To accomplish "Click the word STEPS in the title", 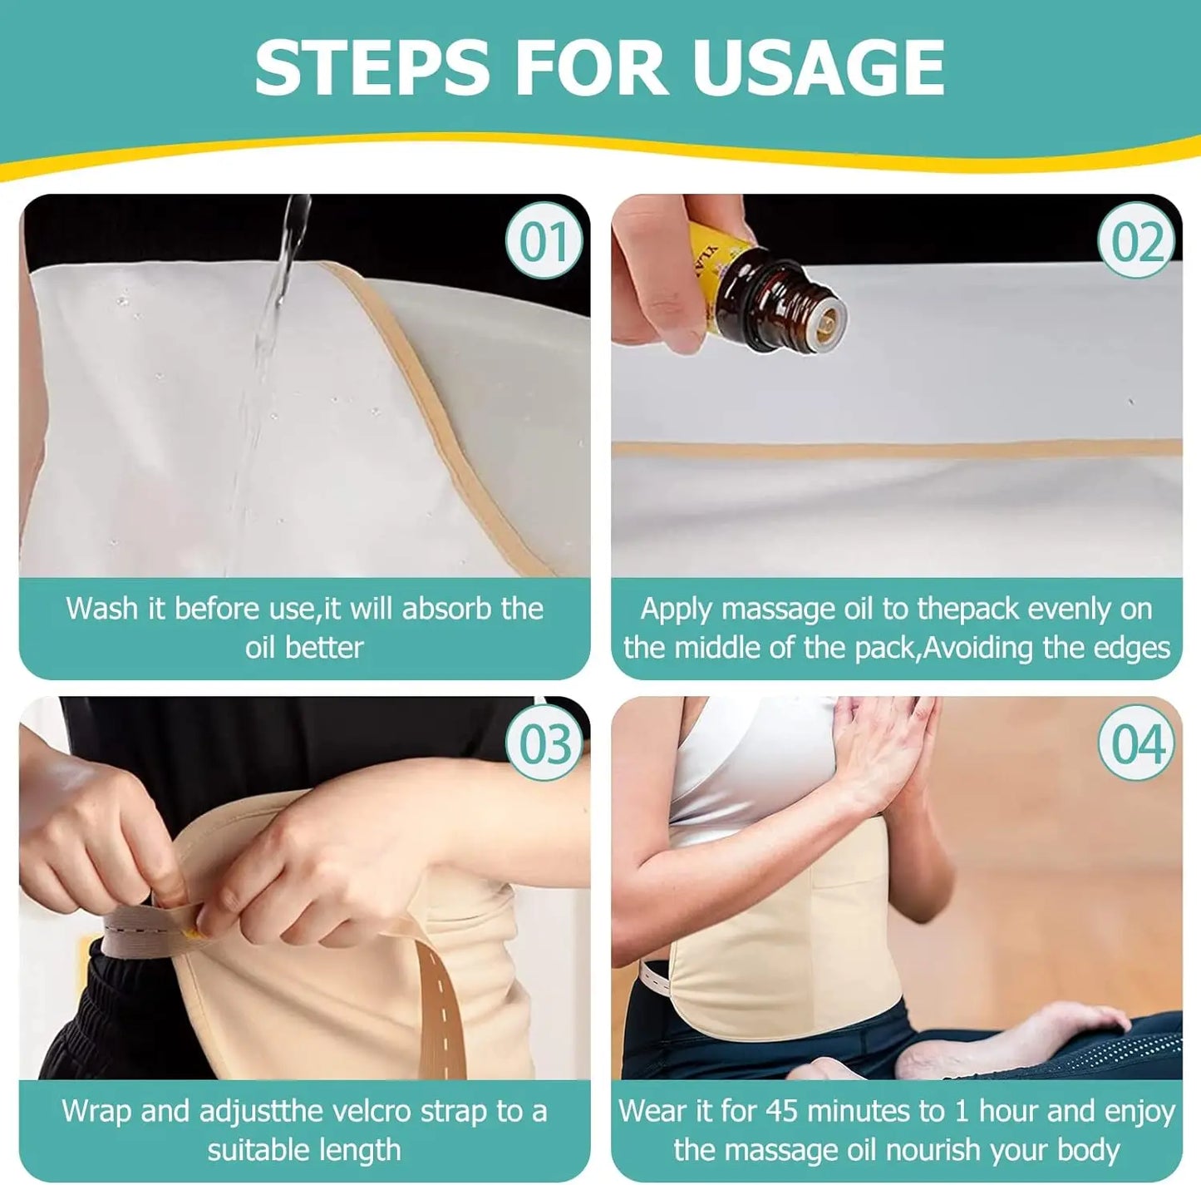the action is click(x=372, y=67).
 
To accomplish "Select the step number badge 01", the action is click(x=544, y=241).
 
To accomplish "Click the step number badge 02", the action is click(x=1137, y=241).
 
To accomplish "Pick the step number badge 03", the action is click(x=544, y=743).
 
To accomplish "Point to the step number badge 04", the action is click(x=1137, y=743).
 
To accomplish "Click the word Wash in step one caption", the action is click(x=102, y=608).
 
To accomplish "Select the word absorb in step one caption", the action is click(x=447, y=608).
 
